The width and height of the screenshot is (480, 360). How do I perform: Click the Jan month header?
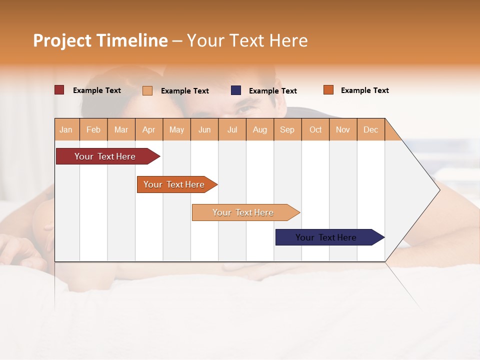click(x=66, y=129)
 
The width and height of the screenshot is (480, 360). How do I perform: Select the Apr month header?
click(x=149, y=129)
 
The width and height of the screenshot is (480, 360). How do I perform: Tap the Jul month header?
click(x=232, y=129)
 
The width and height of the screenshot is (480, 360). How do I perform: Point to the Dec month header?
click(x=371, y=129)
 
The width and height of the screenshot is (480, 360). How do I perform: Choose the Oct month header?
click(x=315, y=129)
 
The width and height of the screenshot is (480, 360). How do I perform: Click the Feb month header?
click(x=93, y=129)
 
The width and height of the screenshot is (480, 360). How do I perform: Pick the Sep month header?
click(x=287, y=129)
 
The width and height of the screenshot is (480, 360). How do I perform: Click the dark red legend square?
click(x=59, y=90)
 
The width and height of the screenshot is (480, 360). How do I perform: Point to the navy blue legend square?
click(x=236, y=90)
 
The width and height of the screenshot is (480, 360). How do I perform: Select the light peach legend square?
click(x=147, y=90)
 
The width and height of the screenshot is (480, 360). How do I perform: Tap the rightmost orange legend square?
click(x=328, y=90)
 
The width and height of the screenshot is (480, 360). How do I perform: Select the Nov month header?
click(x=343, y=129)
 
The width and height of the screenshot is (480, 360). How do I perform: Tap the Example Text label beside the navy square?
click(x=273, y=91)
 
